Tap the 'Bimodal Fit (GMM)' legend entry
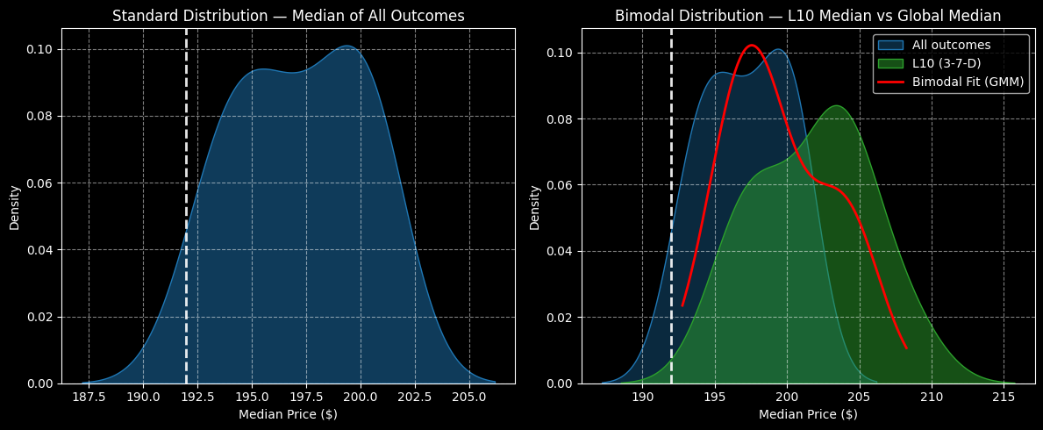pos(951,82)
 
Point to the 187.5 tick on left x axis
pos(89,397)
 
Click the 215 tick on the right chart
pos(1004,397)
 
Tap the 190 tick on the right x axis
pos(643,397)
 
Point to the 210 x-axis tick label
pos(932,397)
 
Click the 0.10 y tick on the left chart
pos(40,49)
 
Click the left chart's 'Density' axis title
pos(15,207)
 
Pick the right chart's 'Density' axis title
pos(534,207)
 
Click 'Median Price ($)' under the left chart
pos(288,414)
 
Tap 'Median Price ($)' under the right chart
pos(808,414)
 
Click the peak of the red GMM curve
pos(751,45)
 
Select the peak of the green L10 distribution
pos(837,106)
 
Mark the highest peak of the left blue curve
pos(347,46)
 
